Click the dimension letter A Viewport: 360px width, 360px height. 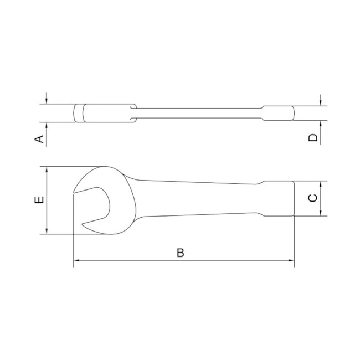[39, 138]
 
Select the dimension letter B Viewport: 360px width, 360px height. [180, 253]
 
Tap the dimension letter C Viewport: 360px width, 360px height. [313, 198]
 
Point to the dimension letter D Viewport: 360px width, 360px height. [313, 137]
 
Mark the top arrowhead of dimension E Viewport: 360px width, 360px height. [47, 170]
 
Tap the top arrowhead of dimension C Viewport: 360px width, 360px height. [321, 184]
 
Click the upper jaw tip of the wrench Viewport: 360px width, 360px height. [74, 192]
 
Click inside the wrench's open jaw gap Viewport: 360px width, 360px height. [91, 208]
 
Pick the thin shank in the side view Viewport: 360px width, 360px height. [199, 113]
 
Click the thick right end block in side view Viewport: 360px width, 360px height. [279, 113]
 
